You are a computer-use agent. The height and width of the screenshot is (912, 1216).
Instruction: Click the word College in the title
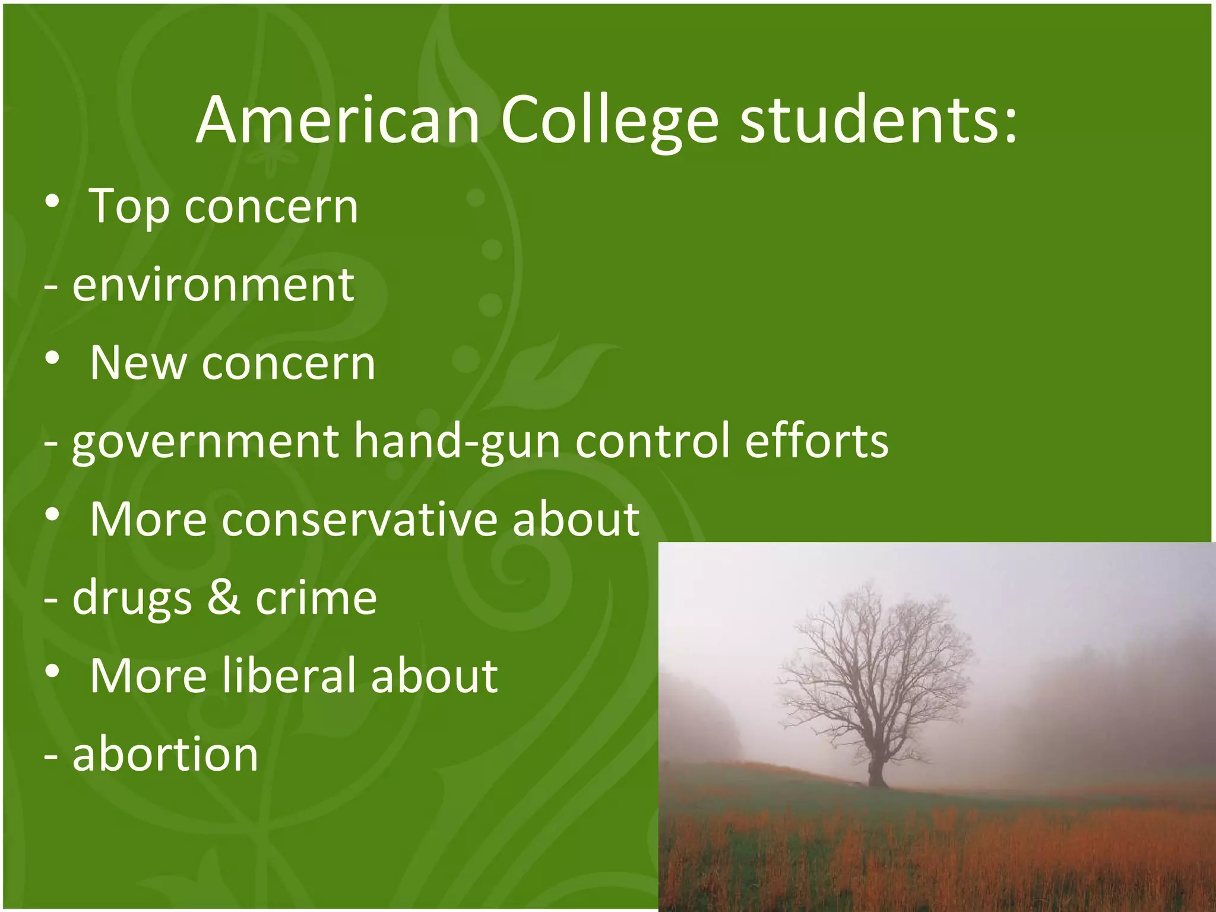click(610, 121)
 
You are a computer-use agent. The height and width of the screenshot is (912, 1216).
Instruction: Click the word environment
click(213, 285)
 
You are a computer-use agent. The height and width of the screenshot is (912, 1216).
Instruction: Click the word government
click(205, 443)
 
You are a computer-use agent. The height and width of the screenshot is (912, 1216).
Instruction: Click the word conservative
click(360, 520)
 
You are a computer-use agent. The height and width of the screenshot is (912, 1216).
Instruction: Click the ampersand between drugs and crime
click(224, 597)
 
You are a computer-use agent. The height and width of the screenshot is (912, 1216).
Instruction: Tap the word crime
click(316, 597)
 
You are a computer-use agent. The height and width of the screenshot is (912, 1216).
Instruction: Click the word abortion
click(165, 754)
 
